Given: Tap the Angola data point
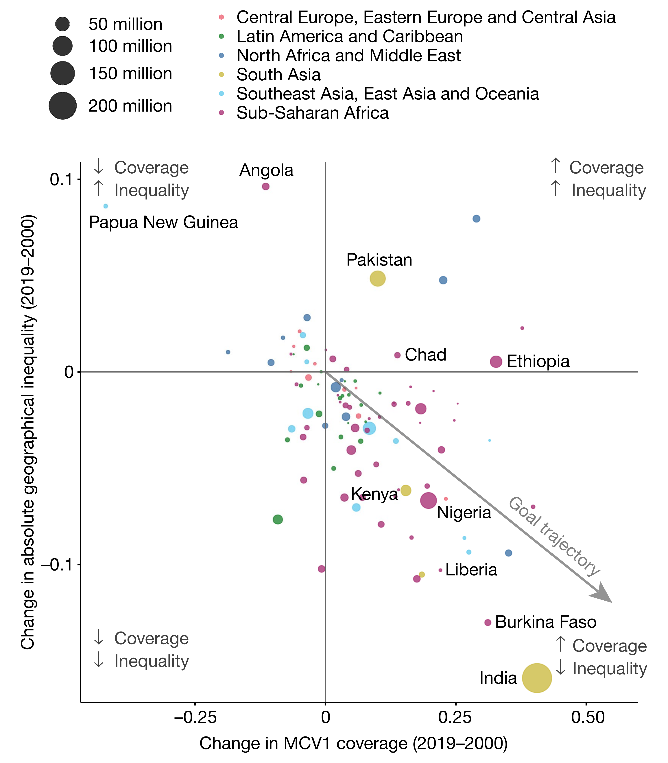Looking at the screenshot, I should (x=265, y=186).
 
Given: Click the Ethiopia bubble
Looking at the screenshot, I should (x=496, y=361).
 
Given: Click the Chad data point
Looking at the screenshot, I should (x=397, y=355).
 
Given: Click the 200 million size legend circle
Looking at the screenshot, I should (x=63, y=106).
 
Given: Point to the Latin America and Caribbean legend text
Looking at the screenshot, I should (x=350, y=36).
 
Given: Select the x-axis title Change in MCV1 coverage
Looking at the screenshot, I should (x=353, y=743).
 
